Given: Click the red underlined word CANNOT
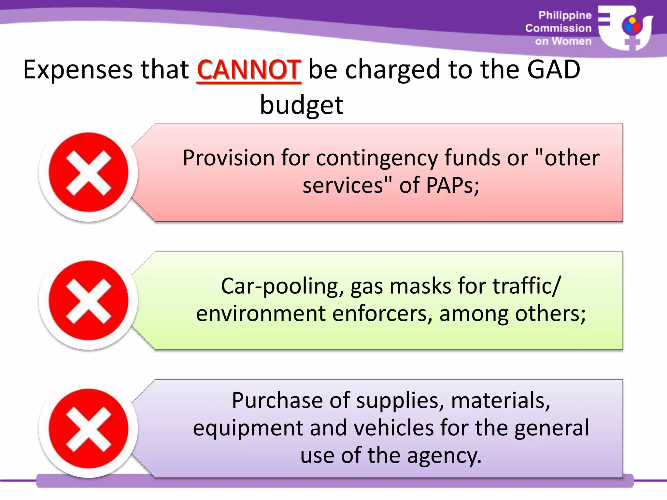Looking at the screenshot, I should point(249,70).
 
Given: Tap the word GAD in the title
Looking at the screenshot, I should point(554,70).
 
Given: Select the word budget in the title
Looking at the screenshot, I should point(302,105).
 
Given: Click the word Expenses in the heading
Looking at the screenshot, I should point(78,70).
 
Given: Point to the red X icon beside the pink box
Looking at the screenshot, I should point(89,172).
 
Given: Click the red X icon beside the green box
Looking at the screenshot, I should point(89,300).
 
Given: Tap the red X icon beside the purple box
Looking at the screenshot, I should point(89,428).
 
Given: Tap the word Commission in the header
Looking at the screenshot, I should point(558,28).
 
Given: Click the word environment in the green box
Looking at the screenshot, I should point(261,314).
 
